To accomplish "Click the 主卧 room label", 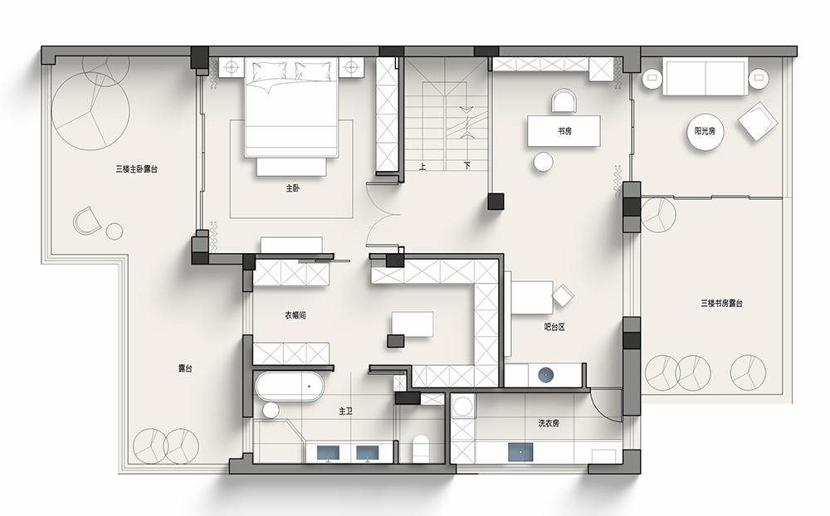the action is [x=293, y=187].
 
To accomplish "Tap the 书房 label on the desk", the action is [x=564, y=131].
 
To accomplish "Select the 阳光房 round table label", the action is [x=705, y=131].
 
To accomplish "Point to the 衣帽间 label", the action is [x=295, y=315].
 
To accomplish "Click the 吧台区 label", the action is [x=554, y=327].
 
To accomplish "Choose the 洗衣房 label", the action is [x=549, y=423].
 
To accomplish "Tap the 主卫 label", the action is [x=345, y=411].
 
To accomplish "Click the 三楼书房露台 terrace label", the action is [x=721, y=304].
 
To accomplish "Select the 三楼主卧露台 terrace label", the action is [x=137, y=169].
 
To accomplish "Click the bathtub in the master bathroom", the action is [x=289, y=387].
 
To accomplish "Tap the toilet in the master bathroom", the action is [x=420, y=448].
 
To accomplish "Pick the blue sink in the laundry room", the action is [x=520, y=452].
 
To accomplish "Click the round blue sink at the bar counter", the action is [x=546, y=375].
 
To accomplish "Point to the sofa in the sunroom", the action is [x=705, y=78].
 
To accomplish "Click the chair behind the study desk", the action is [x=564, y=101].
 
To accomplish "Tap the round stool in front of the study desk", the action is [x=543, y=162].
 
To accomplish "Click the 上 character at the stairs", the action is [x=422, y=166].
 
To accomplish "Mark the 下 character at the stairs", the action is [x=466, y=166].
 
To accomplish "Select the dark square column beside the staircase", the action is [x=496, y=202].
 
